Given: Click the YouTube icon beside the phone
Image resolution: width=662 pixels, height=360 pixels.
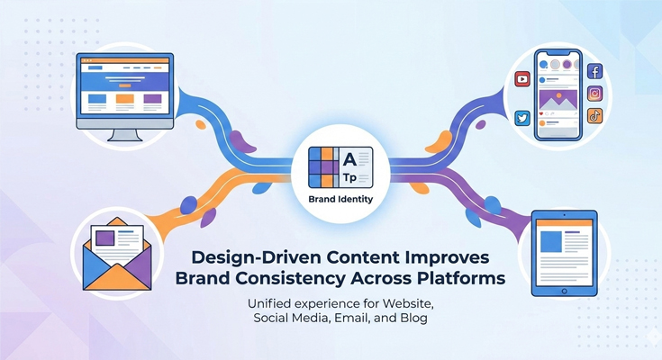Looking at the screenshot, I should coord(522,79).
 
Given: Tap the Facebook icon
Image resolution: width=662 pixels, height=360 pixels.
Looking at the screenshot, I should coord(594,71).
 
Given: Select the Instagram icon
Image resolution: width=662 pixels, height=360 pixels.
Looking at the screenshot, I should coord(594,94).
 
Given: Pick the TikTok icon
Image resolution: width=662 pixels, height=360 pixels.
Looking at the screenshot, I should coord(594,115).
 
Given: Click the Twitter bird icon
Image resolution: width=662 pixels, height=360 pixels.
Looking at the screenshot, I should coord(522,118).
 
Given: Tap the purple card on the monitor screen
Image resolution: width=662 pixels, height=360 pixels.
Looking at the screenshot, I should coord(152,99).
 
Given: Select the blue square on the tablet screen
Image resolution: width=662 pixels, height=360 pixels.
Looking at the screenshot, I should coord(549,241).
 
